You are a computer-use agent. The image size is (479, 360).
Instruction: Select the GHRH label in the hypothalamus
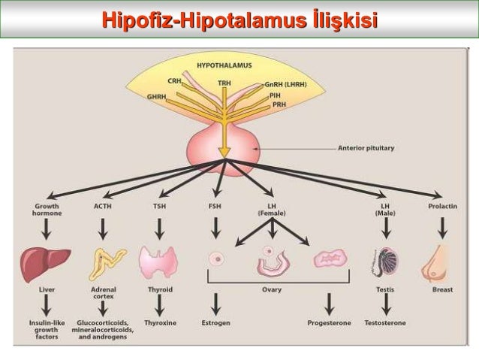tap(157, 97)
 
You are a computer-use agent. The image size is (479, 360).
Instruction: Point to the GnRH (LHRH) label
tap(291, 86)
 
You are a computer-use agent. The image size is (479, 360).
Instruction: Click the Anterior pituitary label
tap(365, 149)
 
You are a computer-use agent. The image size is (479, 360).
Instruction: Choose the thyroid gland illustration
tap(159, 263)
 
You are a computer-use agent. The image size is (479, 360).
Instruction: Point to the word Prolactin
tap(442, 205)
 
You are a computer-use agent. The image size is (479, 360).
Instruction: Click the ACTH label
tap(103, 205)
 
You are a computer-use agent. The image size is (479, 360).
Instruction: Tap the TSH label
tap(159, 205)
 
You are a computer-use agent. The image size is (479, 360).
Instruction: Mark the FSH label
tap(215, 205)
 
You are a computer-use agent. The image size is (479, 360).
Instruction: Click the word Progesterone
tap(330, 323)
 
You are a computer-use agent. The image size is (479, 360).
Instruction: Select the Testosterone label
tap(386, 323)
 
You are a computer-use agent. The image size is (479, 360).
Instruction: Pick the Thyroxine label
tap(159, 323)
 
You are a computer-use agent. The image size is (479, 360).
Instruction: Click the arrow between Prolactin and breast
tap(442, 228)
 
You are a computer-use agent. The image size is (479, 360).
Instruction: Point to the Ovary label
tap(271, 289)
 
